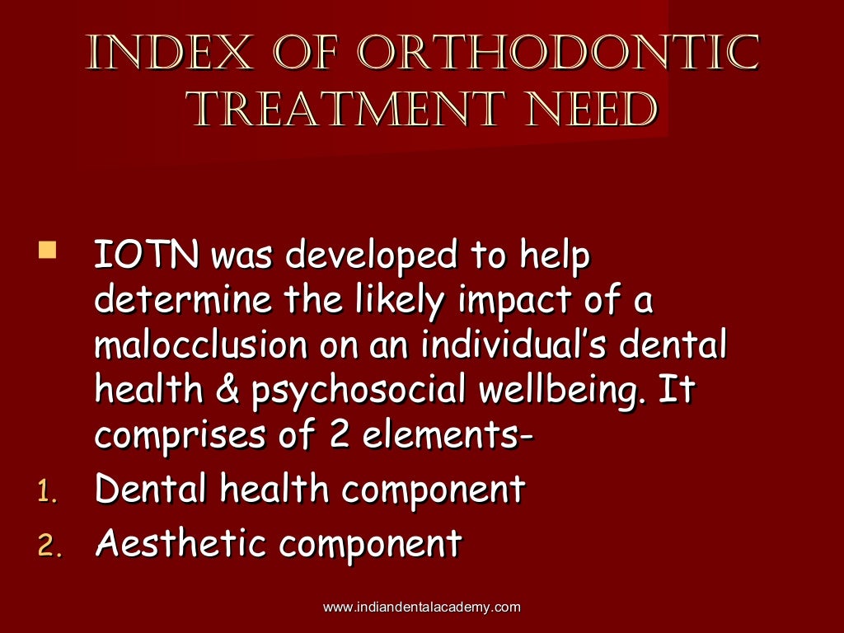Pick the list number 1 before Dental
tap(46, 492)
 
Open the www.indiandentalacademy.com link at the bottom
tap(421, 607)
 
